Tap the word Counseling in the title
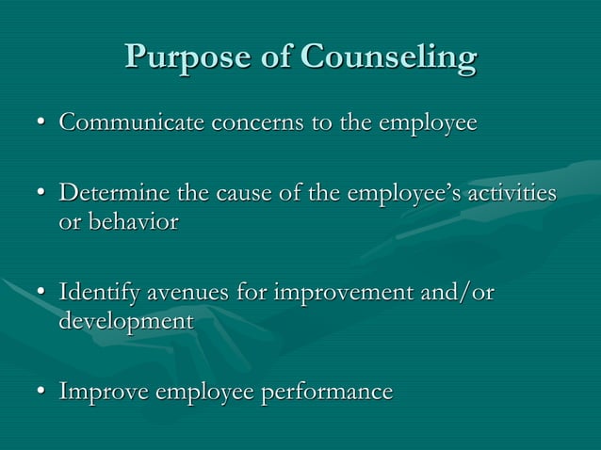[388, 58]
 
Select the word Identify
[99, 293]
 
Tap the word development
[125, 320]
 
